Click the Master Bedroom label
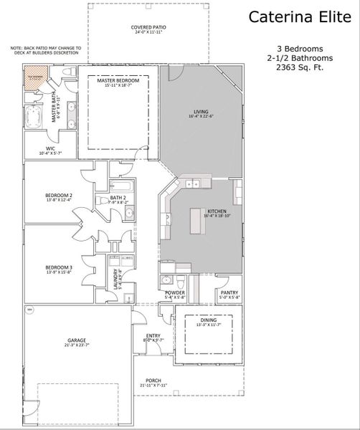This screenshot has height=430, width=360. click(x=119, y=82)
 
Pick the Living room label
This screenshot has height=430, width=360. click(x=201, y=111)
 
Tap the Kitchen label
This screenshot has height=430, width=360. click(x=217, y=211)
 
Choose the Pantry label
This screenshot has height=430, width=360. click(x=230, y=293)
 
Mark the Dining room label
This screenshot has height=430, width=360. click(x=209, y=322)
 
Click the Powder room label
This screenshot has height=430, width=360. click(x=175, y=293)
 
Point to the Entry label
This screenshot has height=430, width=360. click(x=153, y=336)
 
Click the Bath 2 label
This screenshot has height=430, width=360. click(x=118, y=198)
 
